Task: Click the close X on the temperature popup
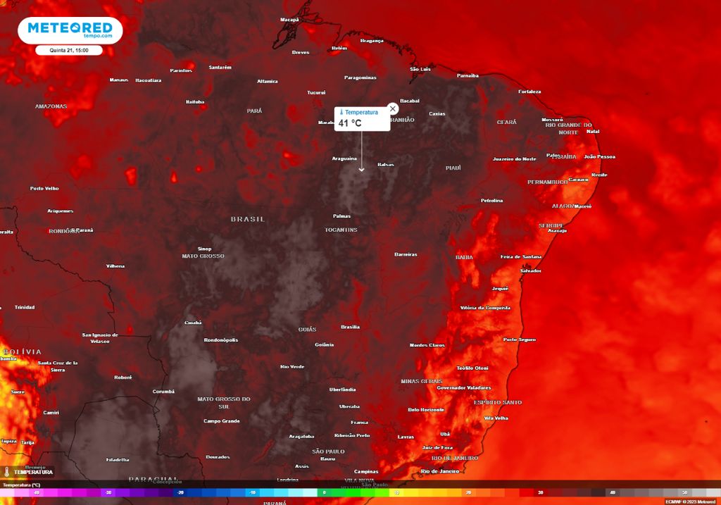pos(393,108)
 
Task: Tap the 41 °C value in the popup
pos(350,123)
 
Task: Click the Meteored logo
pos(70,30)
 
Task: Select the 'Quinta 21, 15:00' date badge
pos(70,51)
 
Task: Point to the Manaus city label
pos(119,80)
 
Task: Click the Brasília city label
pos(350,327)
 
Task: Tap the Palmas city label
pos(342,216)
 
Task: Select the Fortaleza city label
pos(529,92)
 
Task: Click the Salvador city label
pos(530,271)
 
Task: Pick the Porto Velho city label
pos(44,189)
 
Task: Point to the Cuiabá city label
pos(193,323)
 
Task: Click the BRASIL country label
pos(248,219)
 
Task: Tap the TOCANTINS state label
pos(341,230)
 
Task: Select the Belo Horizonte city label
pos(426,410)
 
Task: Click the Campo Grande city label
pos(222,421)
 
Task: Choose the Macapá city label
pos(289,20)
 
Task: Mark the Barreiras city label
pos(406,254)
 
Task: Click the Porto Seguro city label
pos(520,340)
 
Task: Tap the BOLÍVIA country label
pos(22,351)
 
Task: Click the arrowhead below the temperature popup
pos(362,169)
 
